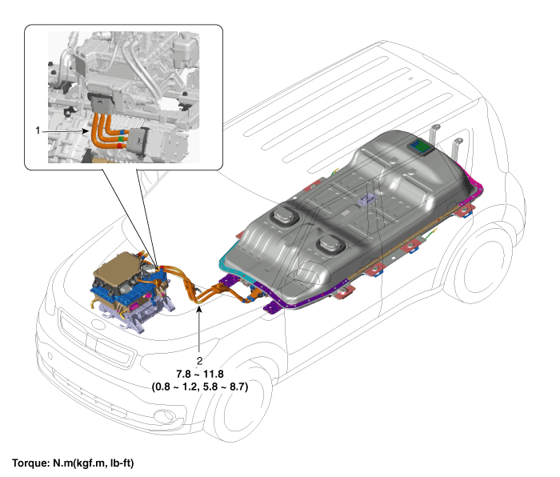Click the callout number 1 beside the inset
pyautogui.click(x=38, y=130)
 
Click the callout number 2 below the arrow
pyautogui.click(x=199, y=361)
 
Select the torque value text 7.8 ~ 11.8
pyautogui.click(x=200, y=374)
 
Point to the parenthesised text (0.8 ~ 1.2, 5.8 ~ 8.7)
pyautogui.click(x=200, y=387)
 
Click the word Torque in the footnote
pyautogui.click(x=31, y=463)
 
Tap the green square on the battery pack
pyautogui.click(x=422, y=146)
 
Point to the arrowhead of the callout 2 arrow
pyautogui.click(x=199, y=308)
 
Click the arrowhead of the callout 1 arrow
pyautogui.click(x=86, y=130)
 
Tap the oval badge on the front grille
pyautogui.click(x=97, y=323)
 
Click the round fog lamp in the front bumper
pyautogui.click(x=160, y=415)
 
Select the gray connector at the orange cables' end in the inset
pyautogui.click(x=138, y=142)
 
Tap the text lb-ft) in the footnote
pyautogui.click(x=122, y=463)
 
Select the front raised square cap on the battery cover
pyautogui.click(x=284, y=216)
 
